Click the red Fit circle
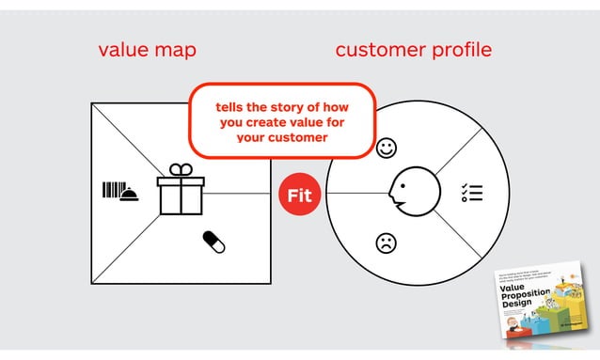pyautogui.click(x=298, y=196)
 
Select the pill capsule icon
pyautogui.click(x=213, y=243)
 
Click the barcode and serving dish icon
pyautogui.click(x=120, y=191)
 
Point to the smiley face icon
pyautogui.click(x=386, y=148)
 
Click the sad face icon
pyautogui.click(x=386, y=243)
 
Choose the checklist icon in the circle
pyautogui.click(x=471, y=193)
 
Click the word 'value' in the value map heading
pyautogui.click(x=126, y=49)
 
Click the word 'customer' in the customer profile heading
pyautogui.click(x=382, y=49)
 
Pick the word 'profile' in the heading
pyautogui.click(x=462, y=49)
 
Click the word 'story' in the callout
pyautogui.click(x=294, y=105)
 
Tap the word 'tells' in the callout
pyautogui.click(x=233, y=105)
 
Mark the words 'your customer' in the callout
pyautogui.click(x=282, y=137)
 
